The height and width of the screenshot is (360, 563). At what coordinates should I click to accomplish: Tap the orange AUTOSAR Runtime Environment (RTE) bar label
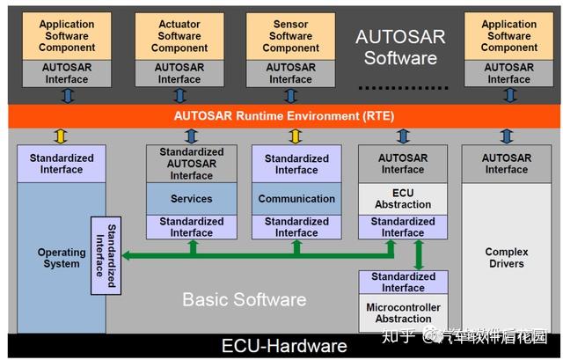click(x=284, y=115)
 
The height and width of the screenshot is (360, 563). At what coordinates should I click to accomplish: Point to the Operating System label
click(x=61, y=258)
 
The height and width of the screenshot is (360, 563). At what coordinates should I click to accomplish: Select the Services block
click(x=192, y=199)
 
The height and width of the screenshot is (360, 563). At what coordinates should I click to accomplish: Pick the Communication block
click(x=296, y=199)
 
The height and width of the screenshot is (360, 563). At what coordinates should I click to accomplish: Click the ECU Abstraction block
click(x=403, y=199)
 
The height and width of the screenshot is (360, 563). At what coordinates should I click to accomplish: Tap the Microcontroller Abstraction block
click(x=403, y=312)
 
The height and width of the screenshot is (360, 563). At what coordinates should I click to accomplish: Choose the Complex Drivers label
click(x=506, y=258)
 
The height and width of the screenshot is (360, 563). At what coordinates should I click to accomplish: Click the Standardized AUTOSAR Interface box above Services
click(x=192, y=164)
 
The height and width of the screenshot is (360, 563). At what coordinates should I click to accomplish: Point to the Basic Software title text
click(x=244, y=299)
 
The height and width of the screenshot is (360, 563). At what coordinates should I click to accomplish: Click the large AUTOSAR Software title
click(x=400, y=48)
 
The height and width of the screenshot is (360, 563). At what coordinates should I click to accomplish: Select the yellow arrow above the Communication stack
click(x=296, y=136)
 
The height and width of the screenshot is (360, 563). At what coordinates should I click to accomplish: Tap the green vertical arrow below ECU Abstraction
click(x=419, y=254)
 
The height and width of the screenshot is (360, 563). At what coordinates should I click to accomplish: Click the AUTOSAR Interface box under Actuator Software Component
click(x=179, y=73)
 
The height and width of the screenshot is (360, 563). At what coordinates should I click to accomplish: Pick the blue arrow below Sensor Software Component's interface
click(x=290, y=95)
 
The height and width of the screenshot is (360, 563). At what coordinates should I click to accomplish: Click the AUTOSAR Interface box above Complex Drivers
click(x=506, y=164)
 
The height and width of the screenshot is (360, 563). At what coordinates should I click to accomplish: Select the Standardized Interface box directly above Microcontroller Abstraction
click(x=403, y=282)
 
